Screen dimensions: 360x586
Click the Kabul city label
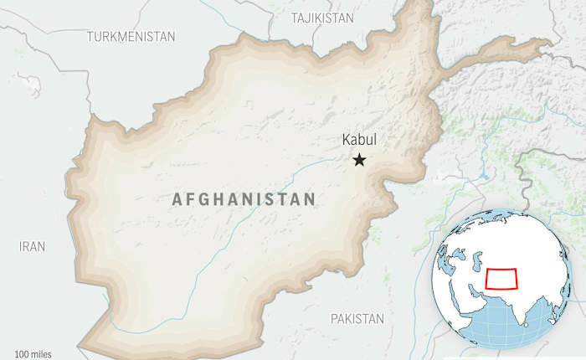point(360,141)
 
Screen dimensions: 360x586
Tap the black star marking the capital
point(360,159)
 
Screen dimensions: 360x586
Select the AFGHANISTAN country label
point(244,199)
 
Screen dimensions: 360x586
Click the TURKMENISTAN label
point(131,37)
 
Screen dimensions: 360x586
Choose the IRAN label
point(33,246)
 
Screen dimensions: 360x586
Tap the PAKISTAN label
point(357,318)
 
